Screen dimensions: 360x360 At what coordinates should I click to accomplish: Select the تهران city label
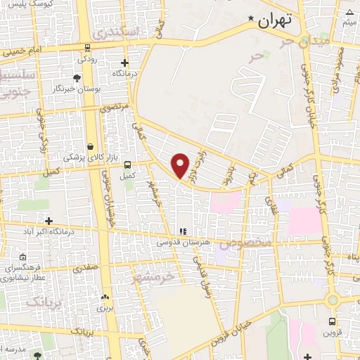tap(274, 20)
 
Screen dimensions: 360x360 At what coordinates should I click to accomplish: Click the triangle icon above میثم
tap(350, 12)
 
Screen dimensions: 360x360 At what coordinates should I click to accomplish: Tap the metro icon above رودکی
tap(86, 49)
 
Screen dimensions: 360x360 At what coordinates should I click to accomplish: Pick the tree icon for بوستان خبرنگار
tap(77, 77)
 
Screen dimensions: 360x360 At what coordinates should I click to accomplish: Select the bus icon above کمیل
tap(127, 165)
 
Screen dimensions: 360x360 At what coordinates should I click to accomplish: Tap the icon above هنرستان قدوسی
tap(183, 231)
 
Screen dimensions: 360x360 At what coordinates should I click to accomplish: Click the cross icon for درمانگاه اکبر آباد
tap(49, 221)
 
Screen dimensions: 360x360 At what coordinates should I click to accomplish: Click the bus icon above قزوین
tap(332, 321)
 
